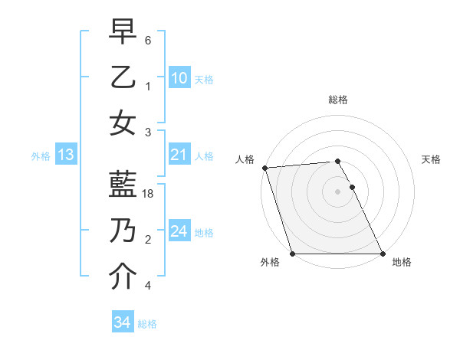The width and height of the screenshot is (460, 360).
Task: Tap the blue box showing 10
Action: (179, 78)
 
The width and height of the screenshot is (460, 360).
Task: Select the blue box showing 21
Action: (179, 155)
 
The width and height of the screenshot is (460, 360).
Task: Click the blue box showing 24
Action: (179, 231)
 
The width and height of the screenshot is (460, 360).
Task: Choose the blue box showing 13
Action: (66, 155)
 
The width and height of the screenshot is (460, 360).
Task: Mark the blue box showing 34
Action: (122, 322)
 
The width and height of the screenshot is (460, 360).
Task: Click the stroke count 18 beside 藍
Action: (149, 195)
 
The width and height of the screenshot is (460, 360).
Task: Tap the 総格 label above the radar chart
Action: (338, 100)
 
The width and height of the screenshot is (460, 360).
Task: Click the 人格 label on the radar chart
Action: (245, 159)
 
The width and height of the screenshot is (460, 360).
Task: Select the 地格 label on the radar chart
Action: (402, 262)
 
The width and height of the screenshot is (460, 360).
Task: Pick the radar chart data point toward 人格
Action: (264, 168)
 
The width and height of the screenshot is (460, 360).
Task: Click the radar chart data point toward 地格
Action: (383, 254)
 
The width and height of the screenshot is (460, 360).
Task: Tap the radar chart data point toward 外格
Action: (293, 254)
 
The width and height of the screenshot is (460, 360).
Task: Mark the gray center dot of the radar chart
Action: (338, 191)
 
